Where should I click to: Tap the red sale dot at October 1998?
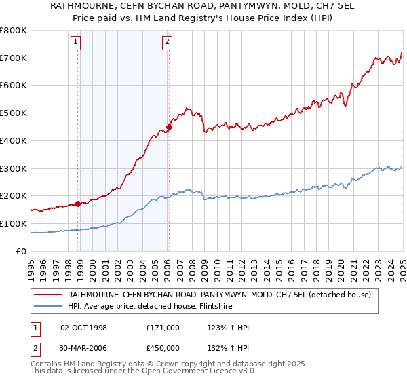click(78, 204)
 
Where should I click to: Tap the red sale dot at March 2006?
click(170, 127)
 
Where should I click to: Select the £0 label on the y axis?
click(22, 251)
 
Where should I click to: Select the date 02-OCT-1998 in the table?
click(84, 328)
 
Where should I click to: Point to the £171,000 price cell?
click(163, 328)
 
